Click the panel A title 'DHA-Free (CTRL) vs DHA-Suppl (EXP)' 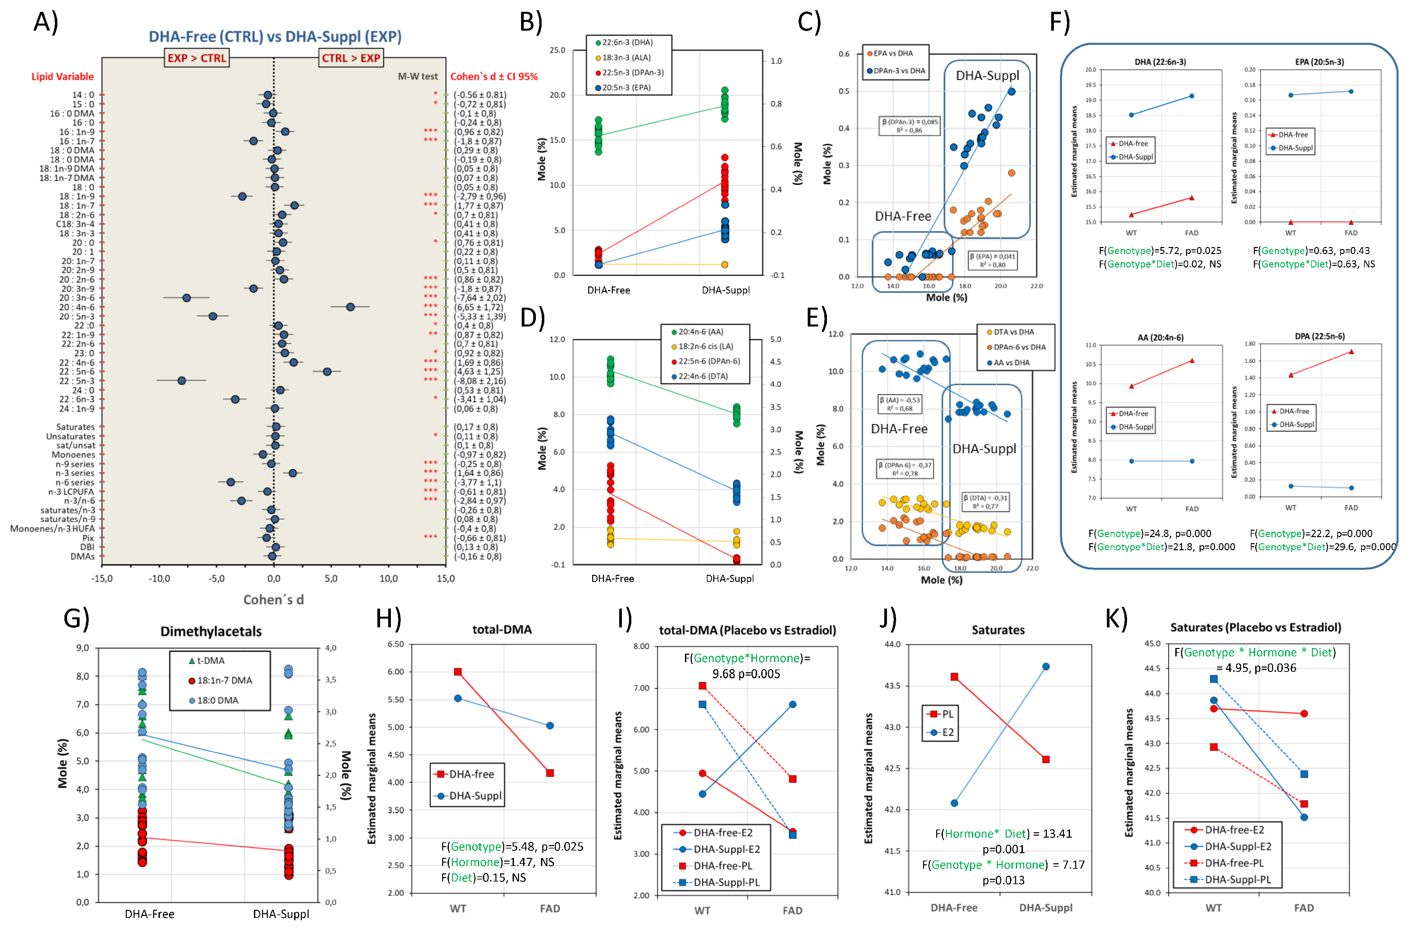[x=275, y=37]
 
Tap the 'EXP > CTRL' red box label [x=197, y=58]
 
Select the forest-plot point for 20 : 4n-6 [x=350, y=307]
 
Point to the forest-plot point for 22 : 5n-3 [x=182, y=380]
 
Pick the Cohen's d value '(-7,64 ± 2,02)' [x=480, y=298]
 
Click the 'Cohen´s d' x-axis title [x=274, y=600]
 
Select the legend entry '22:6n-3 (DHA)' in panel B [x=627, y=43]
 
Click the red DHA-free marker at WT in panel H [x=458, y=672]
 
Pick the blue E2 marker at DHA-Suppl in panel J [x=1045, y=666]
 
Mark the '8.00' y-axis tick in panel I [x=641, y=647]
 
